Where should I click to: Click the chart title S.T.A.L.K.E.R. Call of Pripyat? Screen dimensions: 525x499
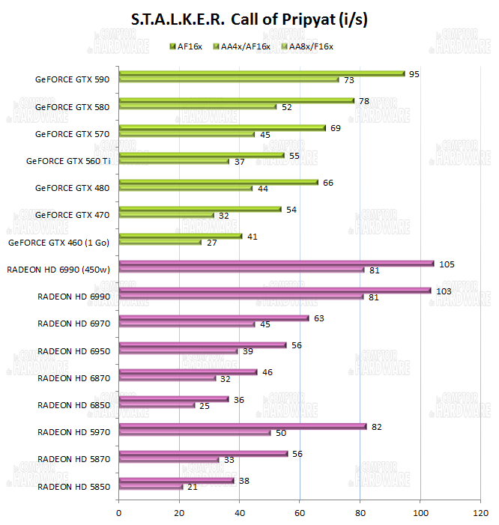[x=250, y=18]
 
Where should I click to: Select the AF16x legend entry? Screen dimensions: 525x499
[x=188, y=46]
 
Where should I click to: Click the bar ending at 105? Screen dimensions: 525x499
[x=276, y=264]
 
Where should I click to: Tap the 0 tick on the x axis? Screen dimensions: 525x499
[x=119, y=513]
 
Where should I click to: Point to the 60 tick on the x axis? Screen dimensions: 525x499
[x=300, y=513]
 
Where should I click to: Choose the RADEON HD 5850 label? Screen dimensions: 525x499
[x=73, y=487]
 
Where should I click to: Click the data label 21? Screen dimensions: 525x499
[x=191, y=487]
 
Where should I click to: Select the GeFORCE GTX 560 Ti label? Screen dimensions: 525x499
[x=68, y=161]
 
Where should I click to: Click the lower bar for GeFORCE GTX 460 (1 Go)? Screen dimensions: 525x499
[x=160, y=242]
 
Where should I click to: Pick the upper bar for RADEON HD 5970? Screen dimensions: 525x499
[x=242, y=426]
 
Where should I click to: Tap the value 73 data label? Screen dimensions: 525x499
[x=348, y=79]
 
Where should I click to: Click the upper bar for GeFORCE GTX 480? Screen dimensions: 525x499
[x=218, y=182]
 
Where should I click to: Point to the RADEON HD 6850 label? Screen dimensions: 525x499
[x=73, y=405]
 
